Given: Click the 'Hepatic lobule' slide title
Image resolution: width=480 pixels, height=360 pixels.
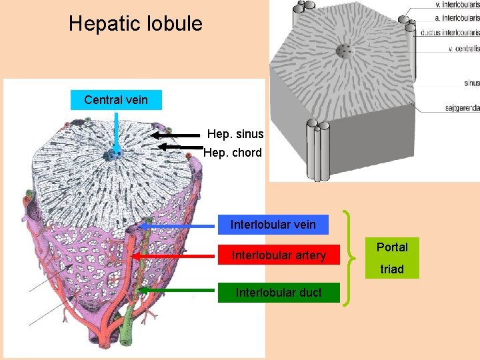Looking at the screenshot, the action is click(135, 24).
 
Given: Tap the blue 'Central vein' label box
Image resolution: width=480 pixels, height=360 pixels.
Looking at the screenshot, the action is click(116, 100).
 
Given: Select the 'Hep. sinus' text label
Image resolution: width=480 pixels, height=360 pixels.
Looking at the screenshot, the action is click(235, 134).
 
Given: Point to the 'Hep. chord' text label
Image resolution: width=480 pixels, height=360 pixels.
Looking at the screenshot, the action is click(233, 153).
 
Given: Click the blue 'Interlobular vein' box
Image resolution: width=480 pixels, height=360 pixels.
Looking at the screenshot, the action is click(273, 225).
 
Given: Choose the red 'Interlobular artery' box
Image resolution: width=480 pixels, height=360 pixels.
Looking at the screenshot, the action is click(279, 255).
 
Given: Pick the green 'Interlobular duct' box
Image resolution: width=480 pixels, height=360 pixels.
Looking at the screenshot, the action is click(279, 292).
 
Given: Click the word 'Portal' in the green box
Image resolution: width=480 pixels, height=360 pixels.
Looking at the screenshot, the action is click(392, 247).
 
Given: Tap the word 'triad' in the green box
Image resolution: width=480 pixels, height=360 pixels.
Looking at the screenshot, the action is click(392, 269).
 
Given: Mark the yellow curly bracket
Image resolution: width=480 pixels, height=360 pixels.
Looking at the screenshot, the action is click(349, 259).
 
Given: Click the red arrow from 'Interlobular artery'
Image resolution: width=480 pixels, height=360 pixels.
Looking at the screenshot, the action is click(177, 256).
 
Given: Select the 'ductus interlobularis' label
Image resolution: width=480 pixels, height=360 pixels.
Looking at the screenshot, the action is click(450, 32).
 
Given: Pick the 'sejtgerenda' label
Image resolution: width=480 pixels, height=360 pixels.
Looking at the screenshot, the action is click(461, 107).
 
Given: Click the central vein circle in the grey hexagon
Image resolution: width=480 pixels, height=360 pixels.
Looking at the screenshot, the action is click(344, 51).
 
